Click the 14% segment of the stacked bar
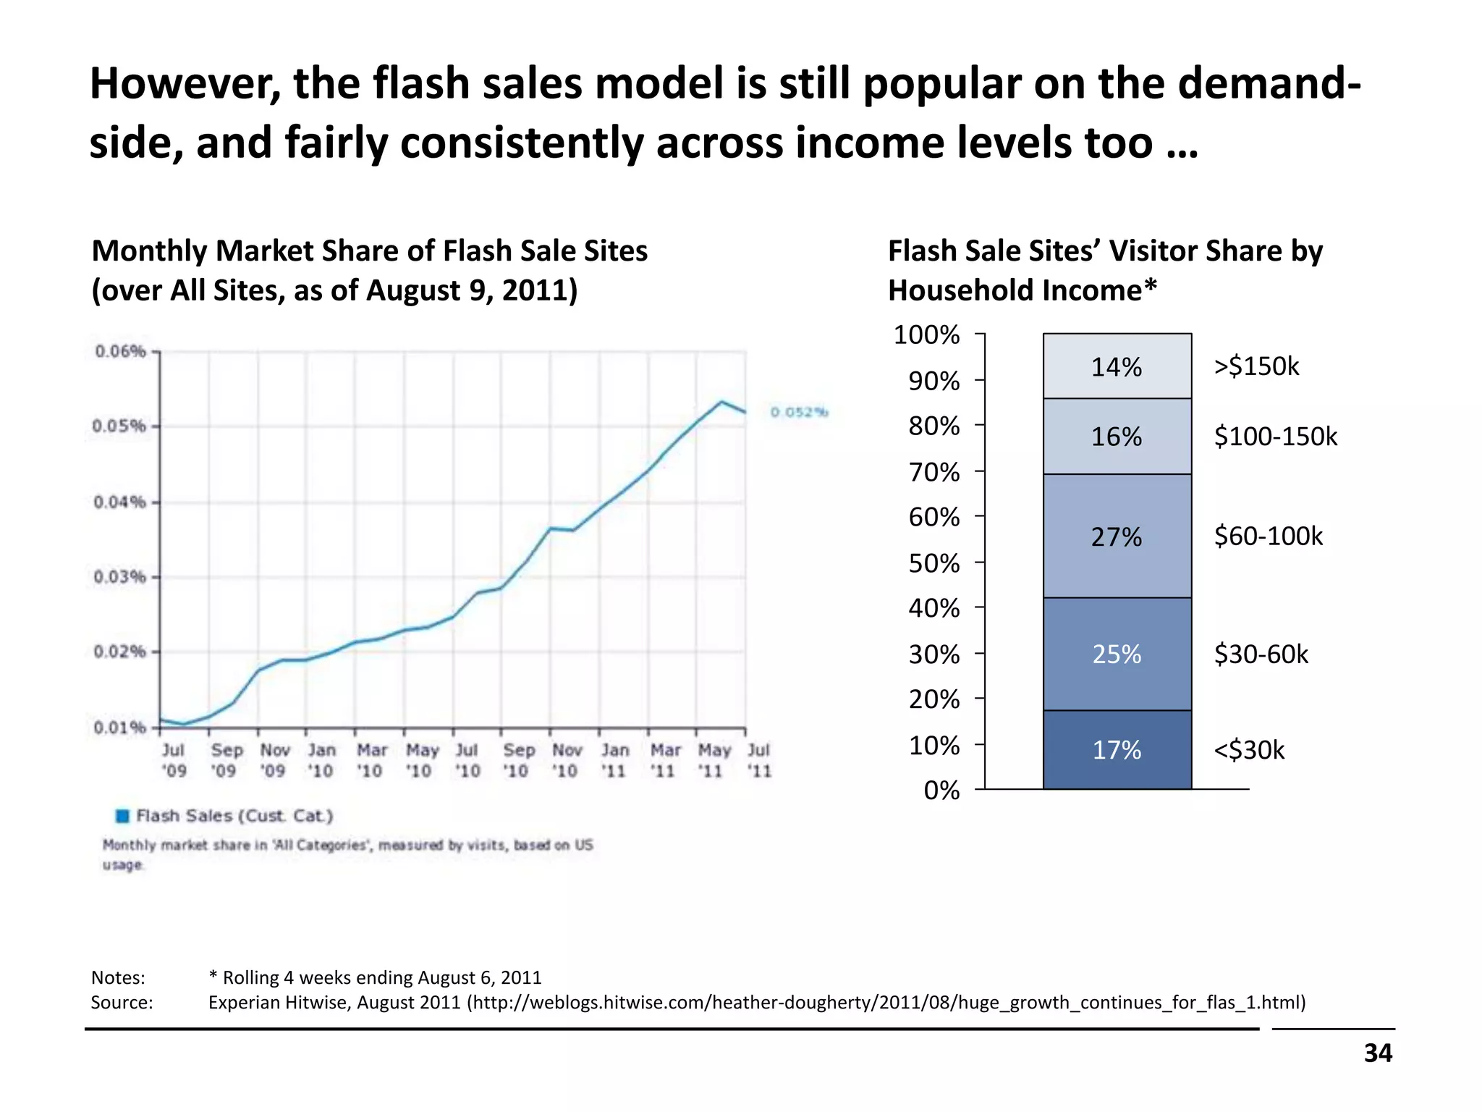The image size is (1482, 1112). coord(1117,366)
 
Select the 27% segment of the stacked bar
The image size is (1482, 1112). coord(1117,536)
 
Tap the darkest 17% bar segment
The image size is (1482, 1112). coord(1117,750)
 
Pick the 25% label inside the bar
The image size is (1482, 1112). coord(1117,654)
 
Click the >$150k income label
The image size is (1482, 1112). coord(1256,366)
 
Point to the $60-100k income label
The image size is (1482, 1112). coord(1268,536)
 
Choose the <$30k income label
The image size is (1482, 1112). coord(1249,750)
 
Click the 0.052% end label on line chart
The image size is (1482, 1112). coord(799,413)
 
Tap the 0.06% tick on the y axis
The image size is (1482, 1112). coord(120,352)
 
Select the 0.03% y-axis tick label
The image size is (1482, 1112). coord(120,577)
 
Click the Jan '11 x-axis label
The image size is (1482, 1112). coord(614,760)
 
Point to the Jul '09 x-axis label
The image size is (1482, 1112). coord(174,760)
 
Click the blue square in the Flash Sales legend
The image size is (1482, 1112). coord(123,816)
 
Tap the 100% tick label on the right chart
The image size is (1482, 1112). coord(927,335)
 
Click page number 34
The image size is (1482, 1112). coord(1378,1053)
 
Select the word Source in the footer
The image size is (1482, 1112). coord(121,1003)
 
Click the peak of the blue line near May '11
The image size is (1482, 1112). coord(721,401)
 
